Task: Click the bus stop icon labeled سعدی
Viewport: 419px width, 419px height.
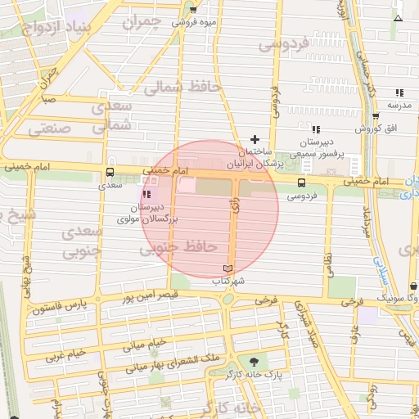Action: pos(110,173)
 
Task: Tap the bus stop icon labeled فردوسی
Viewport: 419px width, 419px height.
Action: pos(302,182)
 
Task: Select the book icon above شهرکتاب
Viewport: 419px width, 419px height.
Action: pos(228,268)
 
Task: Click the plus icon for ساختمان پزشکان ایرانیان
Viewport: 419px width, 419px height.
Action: pos(255,139)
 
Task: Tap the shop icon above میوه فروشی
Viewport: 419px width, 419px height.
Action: pos(193,10)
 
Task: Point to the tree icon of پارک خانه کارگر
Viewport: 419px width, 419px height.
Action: pos(253,360)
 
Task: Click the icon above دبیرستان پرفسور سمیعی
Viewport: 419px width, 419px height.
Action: pos(316,129)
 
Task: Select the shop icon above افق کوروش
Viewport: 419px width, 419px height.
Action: pos(376,116)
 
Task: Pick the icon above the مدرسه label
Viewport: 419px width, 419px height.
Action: pos(399,92)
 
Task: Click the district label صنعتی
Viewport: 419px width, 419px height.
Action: pos(50,128)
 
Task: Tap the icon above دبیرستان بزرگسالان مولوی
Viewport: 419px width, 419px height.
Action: pos(146,195)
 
